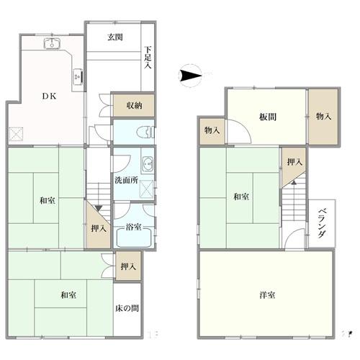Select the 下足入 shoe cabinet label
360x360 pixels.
(148, 58)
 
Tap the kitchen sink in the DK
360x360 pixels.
(51, 44)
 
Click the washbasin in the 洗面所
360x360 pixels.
(147, 162)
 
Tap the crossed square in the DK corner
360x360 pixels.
(16, 134)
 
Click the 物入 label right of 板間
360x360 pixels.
(323, 115)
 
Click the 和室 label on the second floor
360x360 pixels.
(241, 197)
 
